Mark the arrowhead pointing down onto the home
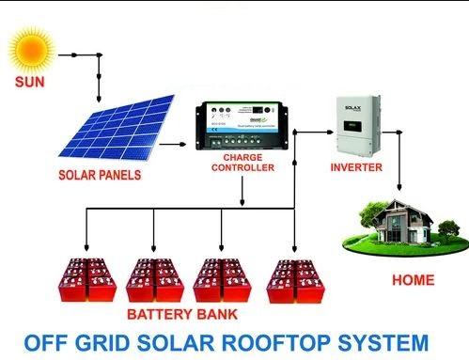point(402,192)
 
